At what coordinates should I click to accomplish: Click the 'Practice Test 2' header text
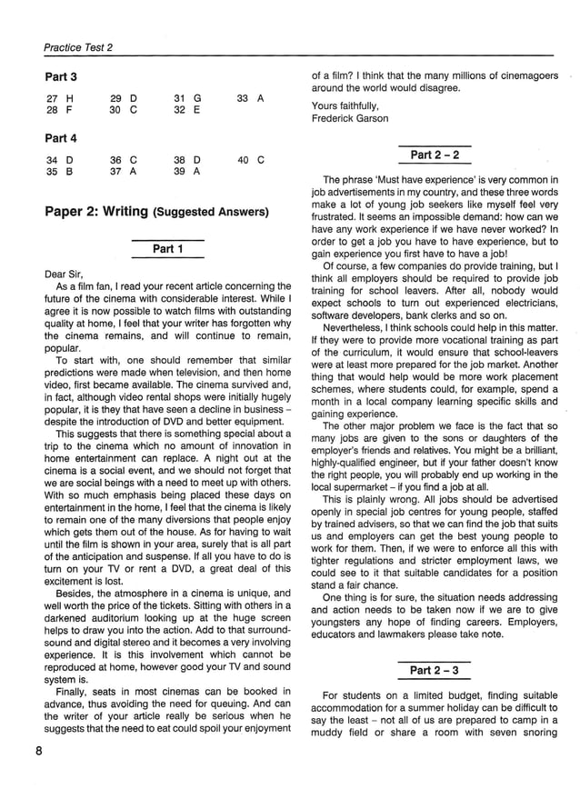[77, 48]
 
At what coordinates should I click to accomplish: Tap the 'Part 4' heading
[61, 138]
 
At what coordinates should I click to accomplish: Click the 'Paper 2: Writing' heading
[96, 212]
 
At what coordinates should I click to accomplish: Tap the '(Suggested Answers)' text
[211, 213]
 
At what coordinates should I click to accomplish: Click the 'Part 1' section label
[167, 248]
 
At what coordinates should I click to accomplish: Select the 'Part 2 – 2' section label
[435, 155]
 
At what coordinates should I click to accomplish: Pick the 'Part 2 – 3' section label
[435, 670]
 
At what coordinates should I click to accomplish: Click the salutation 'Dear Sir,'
[64, 273]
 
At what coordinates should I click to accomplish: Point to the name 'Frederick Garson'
[351, 118]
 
